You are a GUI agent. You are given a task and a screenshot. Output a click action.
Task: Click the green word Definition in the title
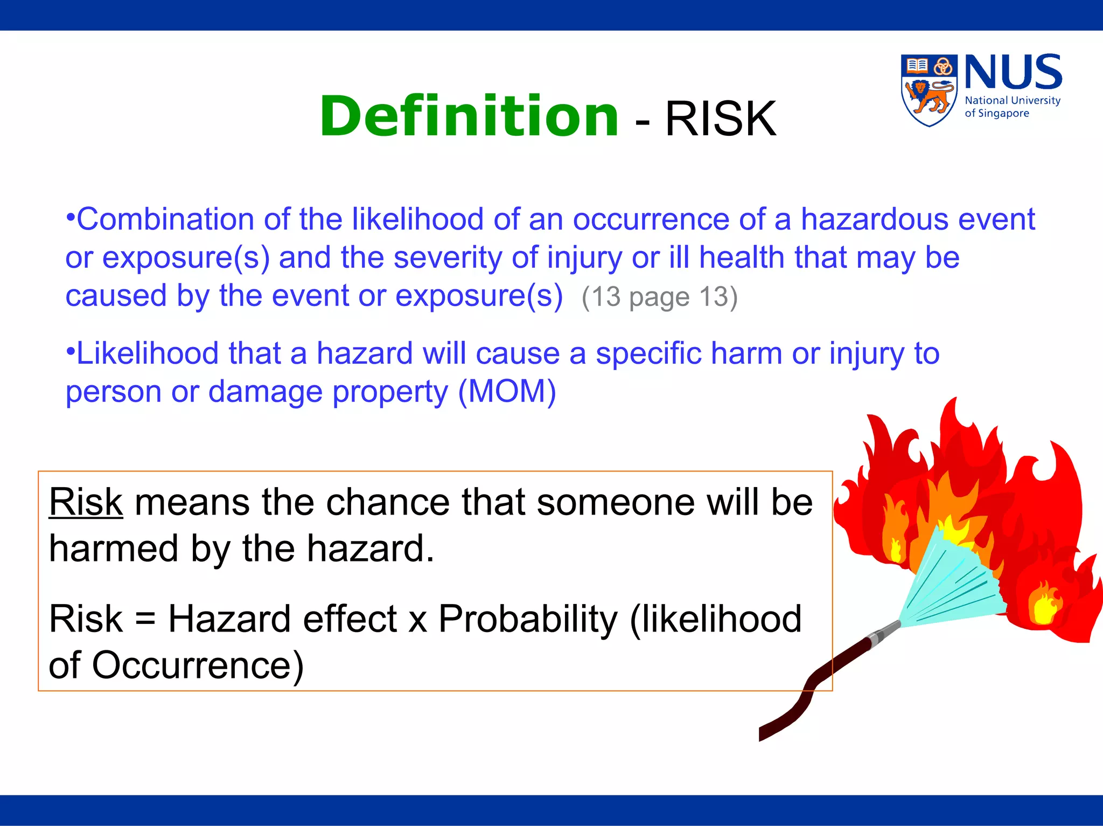point(469,116)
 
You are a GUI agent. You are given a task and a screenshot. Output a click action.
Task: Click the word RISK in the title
point(721,119)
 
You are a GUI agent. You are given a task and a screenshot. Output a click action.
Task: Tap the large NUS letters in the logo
point(1013,72)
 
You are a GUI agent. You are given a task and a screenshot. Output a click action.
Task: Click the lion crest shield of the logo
point(929,91)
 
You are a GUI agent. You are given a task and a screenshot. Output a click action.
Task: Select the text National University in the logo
point(1012,101)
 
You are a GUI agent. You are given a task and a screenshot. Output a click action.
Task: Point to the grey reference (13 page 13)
point(659,297)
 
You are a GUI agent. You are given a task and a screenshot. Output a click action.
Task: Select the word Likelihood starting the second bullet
point(147,353)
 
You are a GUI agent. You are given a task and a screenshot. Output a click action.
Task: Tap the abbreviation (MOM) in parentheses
point(507,391)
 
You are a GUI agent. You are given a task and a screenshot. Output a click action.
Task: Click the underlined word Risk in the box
point(86,502)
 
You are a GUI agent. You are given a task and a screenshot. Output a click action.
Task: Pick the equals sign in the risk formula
point(145,619)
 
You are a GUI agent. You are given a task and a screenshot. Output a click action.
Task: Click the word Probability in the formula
point(528,619)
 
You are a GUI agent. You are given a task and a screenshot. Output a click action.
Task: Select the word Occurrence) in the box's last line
point(198,665)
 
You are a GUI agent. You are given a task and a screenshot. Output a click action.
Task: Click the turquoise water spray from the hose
point(948,587)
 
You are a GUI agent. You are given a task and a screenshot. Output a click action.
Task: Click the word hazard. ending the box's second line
point(370,549)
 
